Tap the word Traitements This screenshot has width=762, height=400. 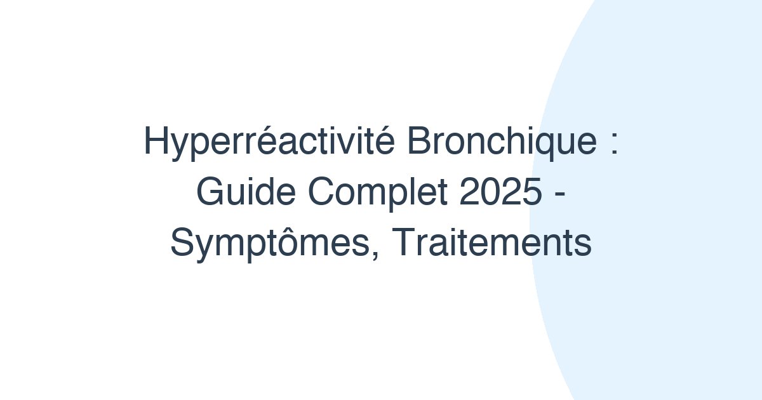(489, 244)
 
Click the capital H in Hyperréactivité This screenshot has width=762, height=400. (156, 142)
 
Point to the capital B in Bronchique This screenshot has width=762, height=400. (419, 142)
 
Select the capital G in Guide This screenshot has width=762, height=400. (210, 192)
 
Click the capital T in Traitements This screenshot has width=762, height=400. (396, 244)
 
